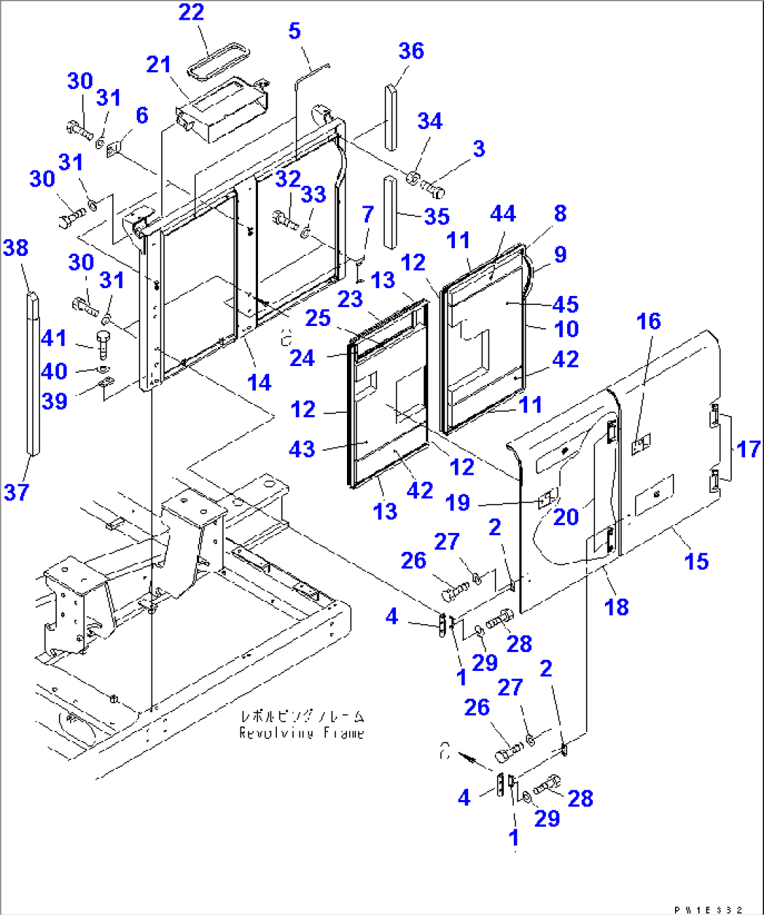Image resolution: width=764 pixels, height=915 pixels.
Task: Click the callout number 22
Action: [191, 13]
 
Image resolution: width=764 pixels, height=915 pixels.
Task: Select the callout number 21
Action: [159, 65]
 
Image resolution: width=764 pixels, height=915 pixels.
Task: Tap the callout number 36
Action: [411, 51]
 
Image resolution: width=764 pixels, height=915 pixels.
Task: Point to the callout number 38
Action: [16, 248]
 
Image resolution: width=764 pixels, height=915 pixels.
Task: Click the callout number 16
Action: [648, 321]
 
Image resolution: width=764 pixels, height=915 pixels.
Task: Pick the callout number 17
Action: [749, 449]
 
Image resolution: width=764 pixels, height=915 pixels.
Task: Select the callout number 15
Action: [696, 561]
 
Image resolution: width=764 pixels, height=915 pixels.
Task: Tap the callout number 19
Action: [458, 503]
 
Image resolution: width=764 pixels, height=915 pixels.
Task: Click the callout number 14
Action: [259, 382]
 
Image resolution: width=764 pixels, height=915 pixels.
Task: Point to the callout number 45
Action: [566, 304]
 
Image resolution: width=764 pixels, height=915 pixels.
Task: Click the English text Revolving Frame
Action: [301, 733]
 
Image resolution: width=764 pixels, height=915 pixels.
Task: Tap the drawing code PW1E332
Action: [708, 909]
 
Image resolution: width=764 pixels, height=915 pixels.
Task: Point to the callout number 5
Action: [294, 31]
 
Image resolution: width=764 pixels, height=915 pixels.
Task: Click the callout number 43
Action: [302, 449]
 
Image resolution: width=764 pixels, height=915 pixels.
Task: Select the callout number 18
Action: [617, 607]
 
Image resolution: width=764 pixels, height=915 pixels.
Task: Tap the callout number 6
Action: [142, 116]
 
